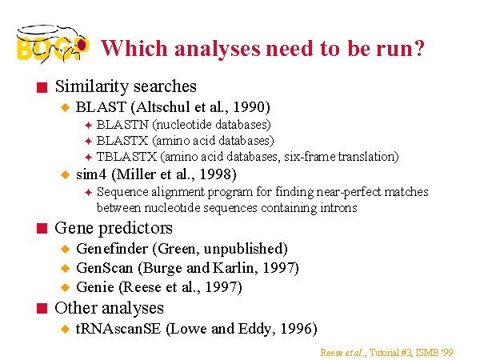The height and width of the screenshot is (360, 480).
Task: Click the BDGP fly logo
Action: coord(53,44)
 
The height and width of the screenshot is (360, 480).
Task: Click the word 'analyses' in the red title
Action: coord(218,49)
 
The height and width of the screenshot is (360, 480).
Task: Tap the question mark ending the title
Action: coord(418,48)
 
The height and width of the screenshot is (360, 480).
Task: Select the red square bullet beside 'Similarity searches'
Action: coord(42,87)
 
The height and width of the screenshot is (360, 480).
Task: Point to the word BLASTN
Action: coord(122,125)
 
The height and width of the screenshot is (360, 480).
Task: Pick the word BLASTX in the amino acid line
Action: coord(122,141)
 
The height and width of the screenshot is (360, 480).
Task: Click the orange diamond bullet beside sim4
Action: coord(66,174)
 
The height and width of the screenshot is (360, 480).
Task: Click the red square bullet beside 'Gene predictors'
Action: coord(42,228)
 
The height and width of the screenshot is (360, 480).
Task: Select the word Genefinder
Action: coord(112,249)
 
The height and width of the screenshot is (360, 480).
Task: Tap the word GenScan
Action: coord(105,268)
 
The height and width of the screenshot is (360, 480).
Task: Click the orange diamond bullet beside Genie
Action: coord(66,287)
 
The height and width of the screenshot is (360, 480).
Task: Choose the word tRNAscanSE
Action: coord(118,329)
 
